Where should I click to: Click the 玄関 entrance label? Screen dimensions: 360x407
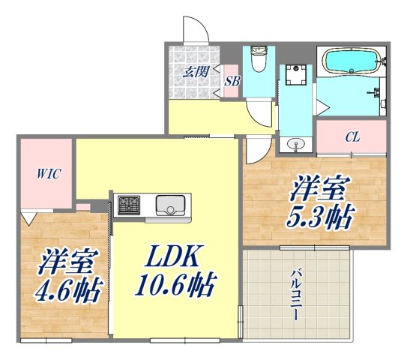tap(195, 72)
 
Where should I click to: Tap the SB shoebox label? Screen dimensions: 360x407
tap(232, 82)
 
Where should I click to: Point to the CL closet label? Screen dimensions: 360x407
tap(352, 137)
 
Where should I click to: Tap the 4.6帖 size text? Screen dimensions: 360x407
tap(67, 289)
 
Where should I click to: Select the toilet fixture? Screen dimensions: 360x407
tap(259, 61)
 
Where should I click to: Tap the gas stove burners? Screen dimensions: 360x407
tap(128, 203)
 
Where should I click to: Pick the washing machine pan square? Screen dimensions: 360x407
tap(297, 78)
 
